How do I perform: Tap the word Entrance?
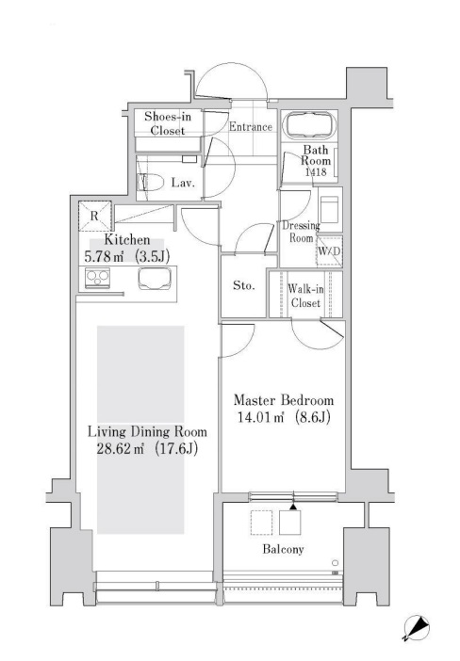pyautogui.click(x=250, y=127)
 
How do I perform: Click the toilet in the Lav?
pyautogui.click(x=152, y=184)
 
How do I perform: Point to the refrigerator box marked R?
pyautogui.click(x=92, y=215)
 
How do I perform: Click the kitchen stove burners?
pyautogui.click(x=96, y=277)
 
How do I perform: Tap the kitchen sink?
pyautogui.click(x=154, y=277)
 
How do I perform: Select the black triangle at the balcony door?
pyautogui.click(x=293, y=507)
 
